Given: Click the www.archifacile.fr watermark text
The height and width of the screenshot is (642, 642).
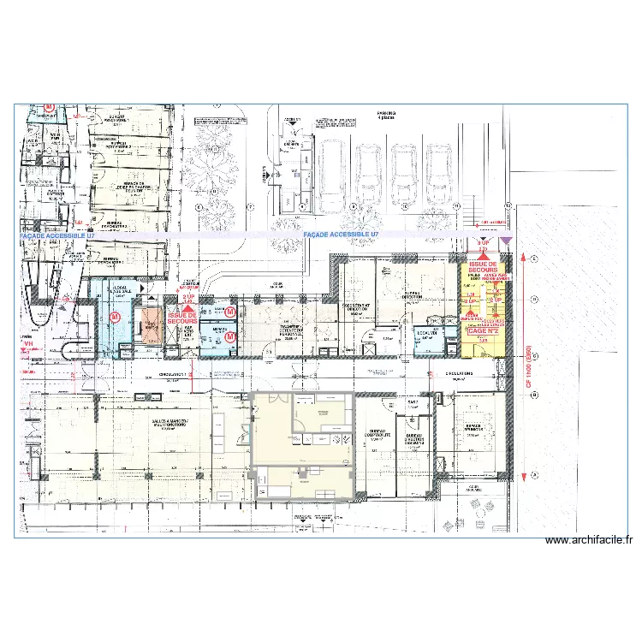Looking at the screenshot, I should click(588, 540).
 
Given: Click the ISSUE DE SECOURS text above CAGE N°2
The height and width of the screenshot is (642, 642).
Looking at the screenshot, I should click(483, 265).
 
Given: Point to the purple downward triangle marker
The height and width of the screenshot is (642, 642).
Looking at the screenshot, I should click(506, 242).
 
